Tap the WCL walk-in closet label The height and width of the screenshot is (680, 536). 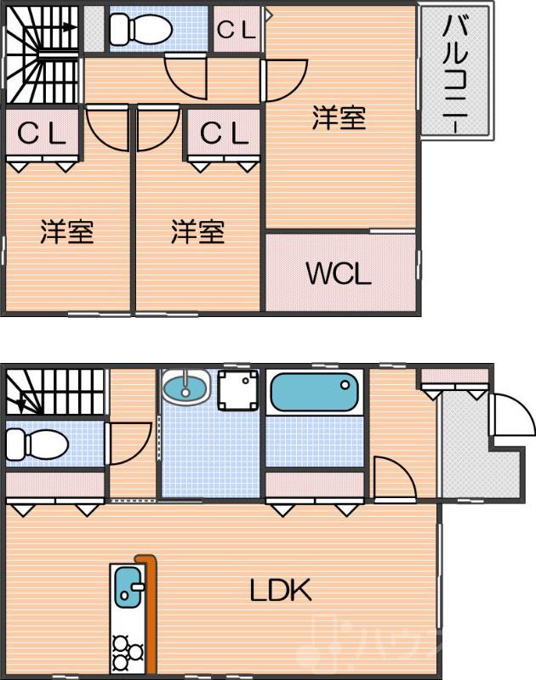point(338,274)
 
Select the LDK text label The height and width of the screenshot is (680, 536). point(280,589)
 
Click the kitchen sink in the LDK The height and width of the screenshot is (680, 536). point(128,587)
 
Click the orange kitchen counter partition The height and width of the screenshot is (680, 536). point(151,612)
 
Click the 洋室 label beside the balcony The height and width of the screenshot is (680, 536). point(339,119)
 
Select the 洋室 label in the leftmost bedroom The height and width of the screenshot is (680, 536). point(66,231)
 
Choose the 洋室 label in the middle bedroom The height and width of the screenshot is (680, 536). point(197,231)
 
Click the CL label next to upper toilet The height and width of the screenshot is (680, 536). point(237,30)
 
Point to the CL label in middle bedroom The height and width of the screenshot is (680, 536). point(224,133)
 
